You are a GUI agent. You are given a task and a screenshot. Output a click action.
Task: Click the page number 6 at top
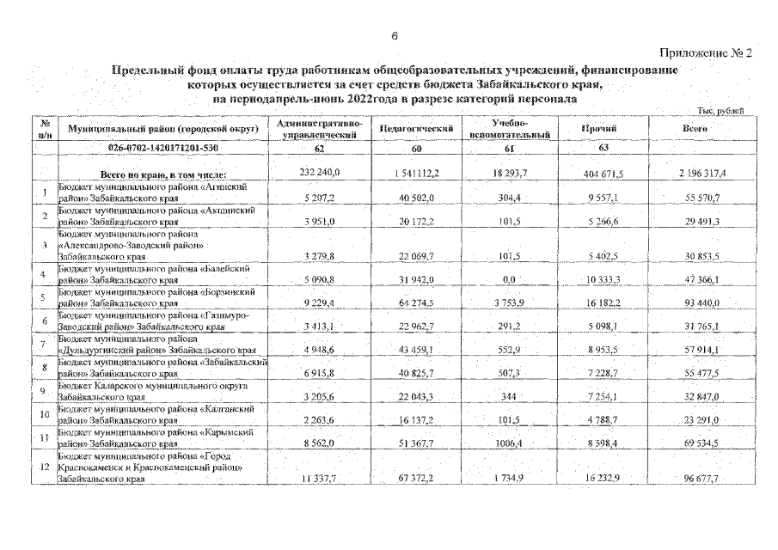tap(394, 35)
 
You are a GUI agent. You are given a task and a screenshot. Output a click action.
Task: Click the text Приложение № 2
tap(708, 53)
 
